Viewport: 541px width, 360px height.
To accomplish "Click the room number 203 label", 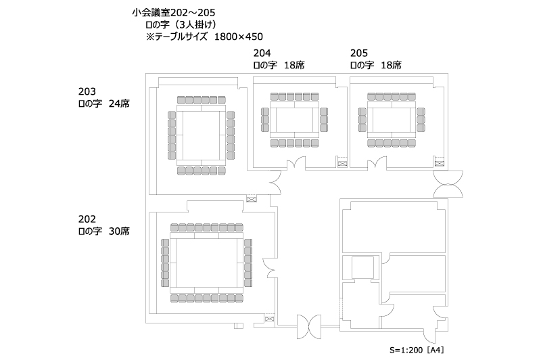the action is click(87, 91).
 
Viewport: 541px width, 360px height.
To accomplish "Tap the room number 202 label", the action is click(87, 219).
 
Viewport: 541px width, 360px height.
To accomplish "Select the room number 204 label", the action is click(262, 53).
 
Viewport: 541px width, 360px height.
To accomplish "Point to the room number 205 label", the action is click(359, 53).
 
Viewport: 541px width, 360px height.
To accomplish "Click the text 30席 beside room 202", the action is click(119, 231).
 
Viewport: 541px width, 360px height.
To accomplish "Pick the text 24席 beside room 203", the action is click(119, 104).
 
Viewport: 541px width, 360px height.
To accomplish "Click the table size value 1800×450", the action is click(239, 37).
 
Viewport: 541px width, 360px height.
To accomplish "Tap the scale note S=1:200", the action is click(406, 350).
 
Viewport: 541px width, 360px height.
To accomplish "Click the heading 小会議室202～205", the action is click(174, 13).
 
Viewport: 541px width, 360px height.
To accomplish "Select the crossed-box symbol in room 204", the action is click(342, 164).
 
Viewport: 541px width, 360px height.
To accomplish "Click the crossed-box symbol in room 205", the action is click(439, 164).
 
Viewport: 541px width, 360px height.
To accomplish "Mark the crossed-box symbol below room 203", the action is click(252, 199).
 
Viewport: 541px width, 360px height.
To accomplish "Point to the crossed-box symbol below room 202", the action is click(269, 319).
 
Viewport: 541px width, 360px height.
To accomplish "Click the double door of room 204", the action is click(296, 163).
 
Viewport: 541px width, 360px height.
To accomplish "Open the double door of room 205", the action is click(377, 163).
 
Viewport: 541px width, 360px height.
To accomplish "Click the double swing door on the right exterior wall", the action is click(448, 184).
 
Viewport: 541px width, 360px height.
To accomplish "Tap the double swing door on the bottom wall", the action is click(309, 326).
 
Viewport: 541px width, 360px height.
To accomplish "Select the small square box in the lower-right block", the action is click(362, 267).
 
